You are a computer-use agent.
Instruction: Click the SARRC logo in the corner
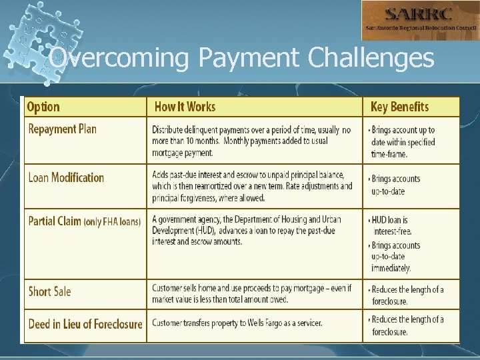(419, 21)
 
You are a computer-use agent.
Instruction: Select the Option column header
(43, 107)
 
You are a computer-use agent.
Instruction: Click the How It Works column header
(185, 107)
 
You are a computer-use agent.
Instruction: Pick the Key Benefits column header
(399, 107)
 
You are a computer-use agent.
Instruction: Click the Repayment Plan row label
(62, 129)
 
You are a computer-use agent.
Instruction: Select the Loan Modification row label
(66, 177)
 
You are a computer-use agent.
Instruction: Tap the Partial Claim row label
(55, 221)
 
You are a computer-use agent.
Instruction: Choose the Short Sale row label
(49, 291)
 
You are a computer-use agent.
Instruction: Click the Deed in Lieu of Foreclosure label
(85, 325)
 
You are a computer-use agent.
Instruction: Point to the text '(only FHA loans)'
(112, 222)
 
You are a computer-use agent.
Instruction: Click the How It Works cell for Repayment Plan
(252, 141)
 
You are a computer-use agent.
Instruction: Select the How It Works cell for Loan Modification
(252, 186)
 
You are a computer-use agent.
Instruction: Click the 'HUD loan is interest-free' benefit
(391, 225)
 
